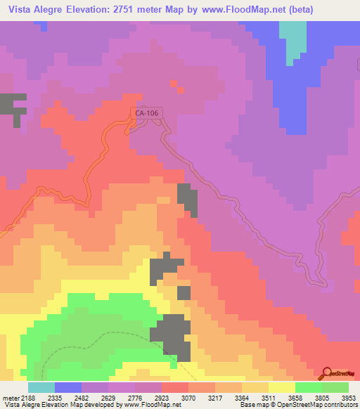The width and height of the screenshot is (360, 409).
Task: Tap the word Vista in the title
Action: click(23, 9)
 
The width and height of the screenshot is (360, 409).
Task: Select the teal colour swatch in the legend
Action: click(41, 387)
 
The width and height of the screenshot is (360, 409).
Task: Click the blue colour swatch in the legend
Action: click(68, 387)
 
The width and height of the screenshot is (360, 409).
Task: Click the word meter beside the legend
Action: click(10, 397)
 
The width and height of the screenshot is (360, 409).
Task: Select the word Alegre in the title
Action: click(63, 9)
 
